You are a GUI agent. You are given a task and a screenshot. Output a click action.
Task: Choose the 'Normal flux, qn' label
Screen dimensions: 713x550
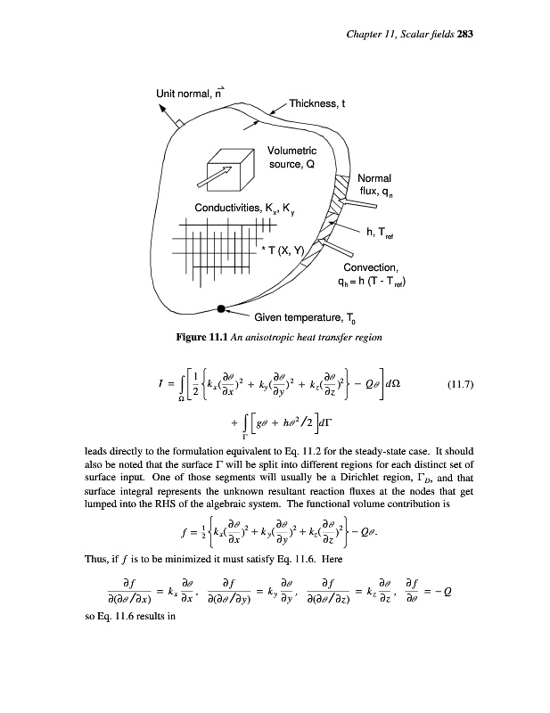[x=380, y=184]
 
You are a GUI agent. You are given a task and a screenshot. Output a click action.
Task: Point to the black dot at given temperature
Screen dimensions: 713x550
[x=221, y=309]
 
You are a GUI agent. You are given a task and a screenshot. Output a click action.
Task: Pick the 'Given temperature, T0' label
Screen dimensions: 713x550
[x=303, y=317]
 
